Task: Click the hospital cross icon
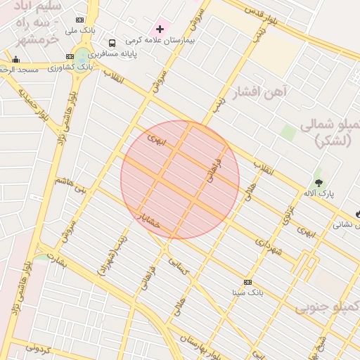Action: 160,30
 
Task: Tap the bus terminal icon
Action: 112,44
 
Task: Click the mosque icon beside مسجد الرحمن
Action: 16,60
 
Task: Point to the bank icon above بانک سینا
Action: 247,282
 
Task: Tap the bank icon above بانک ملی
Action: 79,20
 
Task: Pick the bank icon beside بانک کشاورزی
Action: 70,56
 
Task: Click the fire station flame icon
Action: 358,214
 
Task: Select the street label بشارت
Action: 53,262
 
